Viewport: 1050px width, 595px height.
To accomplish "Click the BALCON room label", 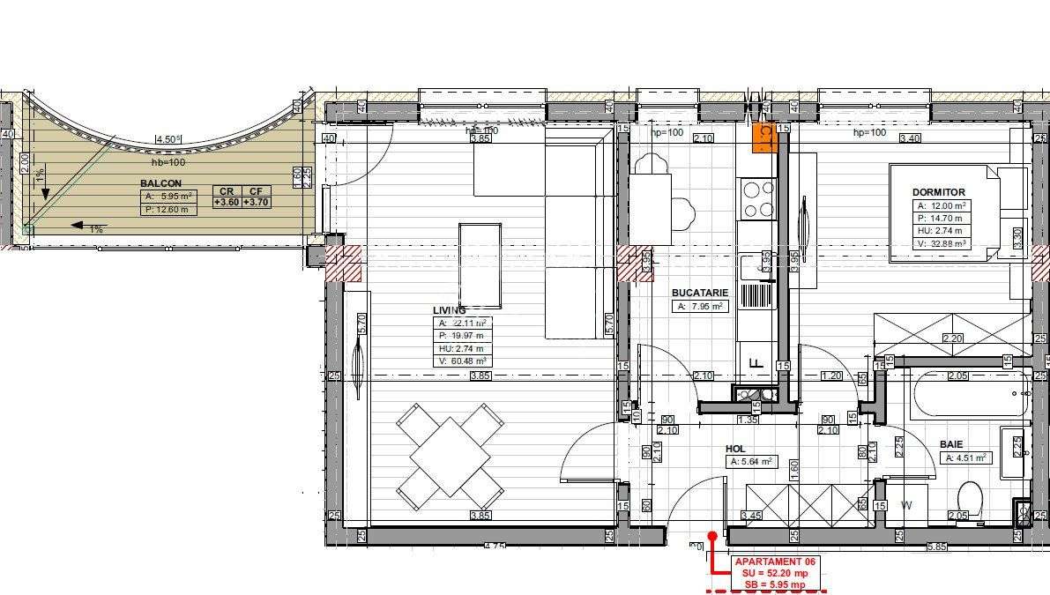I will click(x=160, y=184).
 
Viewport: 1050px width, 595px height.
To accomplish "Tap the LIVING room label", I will click(x=450, y=310).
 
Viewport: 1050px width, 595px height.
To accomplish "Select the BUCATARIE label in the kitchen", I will click(x=699, y=292).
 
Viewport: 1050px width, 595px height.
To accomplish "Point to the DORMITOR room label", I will click(x=939, y=192).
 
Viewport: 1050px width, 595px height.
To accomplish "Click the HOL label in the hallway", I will click(x=735, y=448).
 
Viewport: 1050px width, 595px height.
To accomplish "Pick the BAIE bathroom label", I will click(x=951, y=444).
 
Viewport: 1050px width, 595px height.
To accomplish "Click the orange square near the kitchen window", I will click(x=764, y=138).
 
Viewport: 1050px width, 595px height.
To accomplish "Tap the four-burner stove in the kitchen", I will click(x=756, y=199).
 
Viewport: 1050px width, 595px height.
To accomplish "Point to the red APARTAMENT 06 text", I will click(x=769, y=562).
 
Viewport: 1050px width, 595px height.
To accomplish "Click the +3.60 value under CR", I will click(x=227, y=202).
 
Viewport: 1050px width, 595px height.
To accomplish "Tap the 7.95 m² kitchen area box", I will click(x=699, y=307).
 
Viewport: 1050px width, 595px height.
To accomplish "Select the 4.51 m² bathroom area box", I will click(x=967, y=458).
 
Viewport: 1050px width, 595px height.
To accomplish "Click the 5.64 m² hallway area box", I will click(x=751, y=461).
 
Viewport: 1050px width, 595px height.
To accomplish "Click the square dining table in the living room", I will click(x=450, y=457).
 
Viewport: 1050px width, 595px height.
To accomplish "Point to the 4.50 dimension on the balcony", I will click(x=168, y=138).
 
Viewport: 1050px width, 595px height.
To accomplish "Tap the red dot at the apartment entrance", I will click(x=712, y=535).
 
